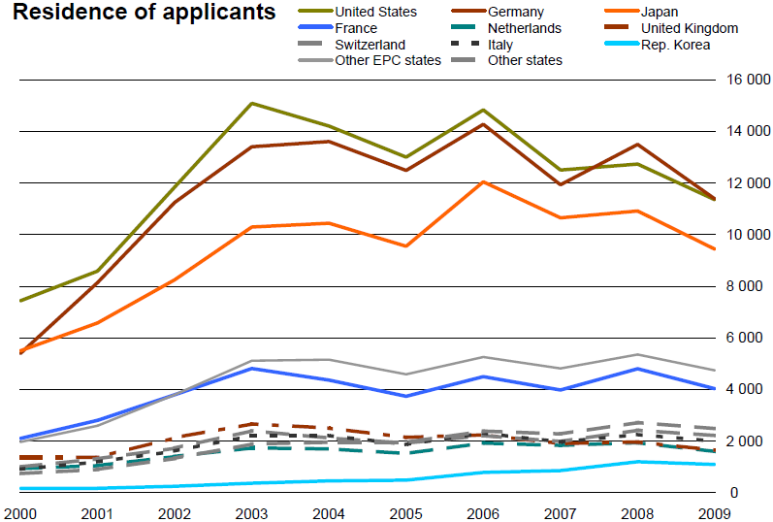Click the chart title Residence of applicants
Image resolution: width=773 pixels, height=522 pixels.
click(x=144, y=13)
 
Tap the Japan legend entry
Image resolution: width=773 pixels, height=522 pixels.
click(x=660, y=12)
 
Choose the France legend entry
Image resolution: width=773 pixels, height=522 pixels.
click(x=356, y=28)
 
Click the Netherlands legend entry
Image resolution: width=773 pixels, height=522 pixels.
click(x=525, y=28)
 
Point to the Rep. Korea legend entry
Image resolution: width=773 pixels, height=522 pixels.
click(x=675, y=45)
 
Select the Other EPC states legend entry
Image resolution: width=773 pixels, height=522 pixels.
click(x=387, y=60)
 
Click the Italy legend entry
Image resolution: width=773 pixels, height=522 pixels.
click(x=502, y=45)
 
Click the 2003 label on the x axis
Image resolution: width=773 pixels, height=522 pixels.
click(x=251, y=511)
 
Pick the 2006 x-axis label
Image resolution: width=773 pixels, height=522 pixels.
click(x=483, y=511)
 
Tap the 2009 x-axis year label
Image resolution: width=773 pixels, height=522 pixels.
click(x=716, y=511)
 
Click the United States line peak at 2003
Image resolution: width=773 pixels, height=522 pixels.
click(x=251, y=103)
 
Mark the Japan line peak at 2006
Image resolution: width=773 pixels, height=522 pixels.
click(x=483, y=181)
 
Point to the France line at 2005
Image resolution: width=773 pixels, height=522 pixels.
click(x=406, y=396)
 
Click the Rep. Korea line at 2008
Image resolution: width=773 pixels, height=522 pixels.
click(x=638, y=462)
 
